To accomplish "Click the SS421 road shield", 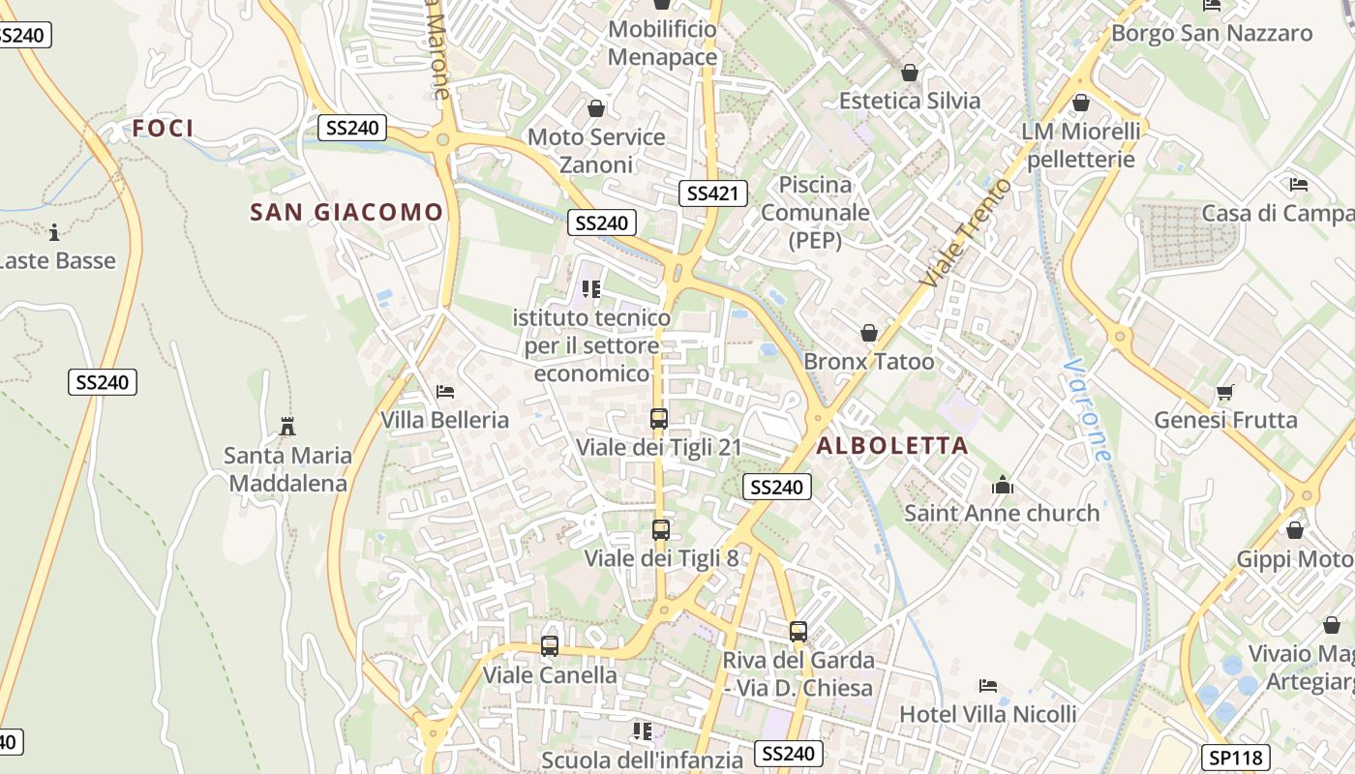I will point(712,193).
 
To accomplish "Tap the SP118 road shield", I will point(1235,758).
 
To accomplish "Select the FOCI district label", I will point(164,128).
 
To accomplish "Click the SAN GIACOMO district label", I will point(346,212).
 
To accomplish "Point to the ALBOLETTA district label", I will point(891,445).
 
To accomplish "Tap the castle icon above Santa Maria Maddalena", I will point(286,426).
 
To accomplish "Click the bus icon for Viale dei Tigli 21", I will point(659,419).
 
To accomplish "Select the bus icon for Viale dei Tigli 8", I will point(661,530).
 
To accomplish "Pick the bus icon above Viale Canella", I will point(550,646).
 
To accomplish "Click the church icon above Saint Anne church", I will point(1002,485).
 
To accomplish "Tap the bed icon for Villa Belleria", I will point(445,392).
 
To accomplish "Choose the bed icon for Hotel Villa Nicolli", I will point(987,686).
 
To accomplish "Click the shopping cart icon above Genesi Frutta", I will point(1225,392).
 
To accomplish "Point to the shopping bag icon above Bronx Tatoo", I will point(869,334).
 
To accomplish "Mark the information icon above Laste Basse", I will point(54,232).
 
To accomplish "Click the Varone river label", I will point(1086,410).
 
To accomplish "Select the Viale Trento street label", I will point(966,232).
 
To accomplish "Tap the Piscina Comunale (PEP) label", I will point(815,212).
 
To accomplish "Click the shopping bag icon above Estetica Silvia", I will point(909,73).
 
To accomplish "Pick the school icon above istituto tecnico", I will point(591,288).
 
